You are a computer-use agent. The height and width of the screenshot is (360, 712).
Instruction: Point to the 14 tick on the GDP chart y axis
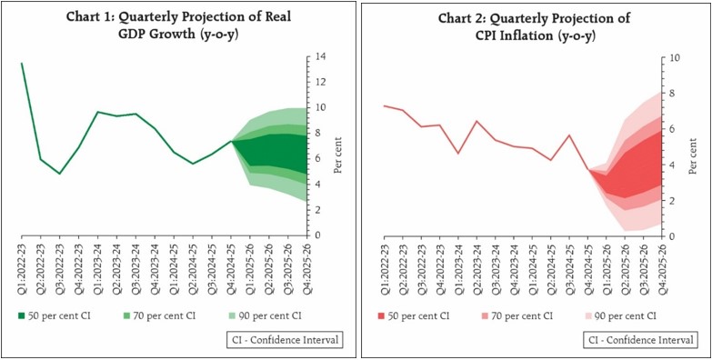[322, 56]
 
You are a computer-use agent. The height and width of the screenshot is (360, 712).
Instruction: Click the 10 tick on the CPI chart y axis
[674, 56]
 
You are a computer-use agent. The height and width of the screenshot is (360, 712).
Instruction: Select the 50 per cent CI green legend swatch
[22, 315]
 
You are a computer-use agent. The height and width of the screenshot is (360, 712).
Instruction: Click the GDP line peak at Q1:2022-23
[22, 64]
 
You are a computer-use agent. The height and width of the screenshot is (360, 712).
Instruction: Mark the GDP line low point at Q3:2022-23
[59, 174]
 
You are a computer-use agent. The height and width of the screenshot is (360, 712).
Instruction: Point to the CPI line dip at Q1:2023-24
[458, 153]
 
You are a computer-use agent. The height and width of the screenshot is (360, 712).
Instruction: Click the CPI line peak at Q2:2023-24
[477, 121]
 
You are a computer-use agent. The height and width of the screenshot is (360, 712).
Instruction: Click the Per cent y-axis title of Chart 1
[337, 156]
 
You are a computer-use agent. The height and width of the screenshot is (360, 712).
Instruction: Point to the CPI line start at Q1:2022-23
[385, 105]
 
